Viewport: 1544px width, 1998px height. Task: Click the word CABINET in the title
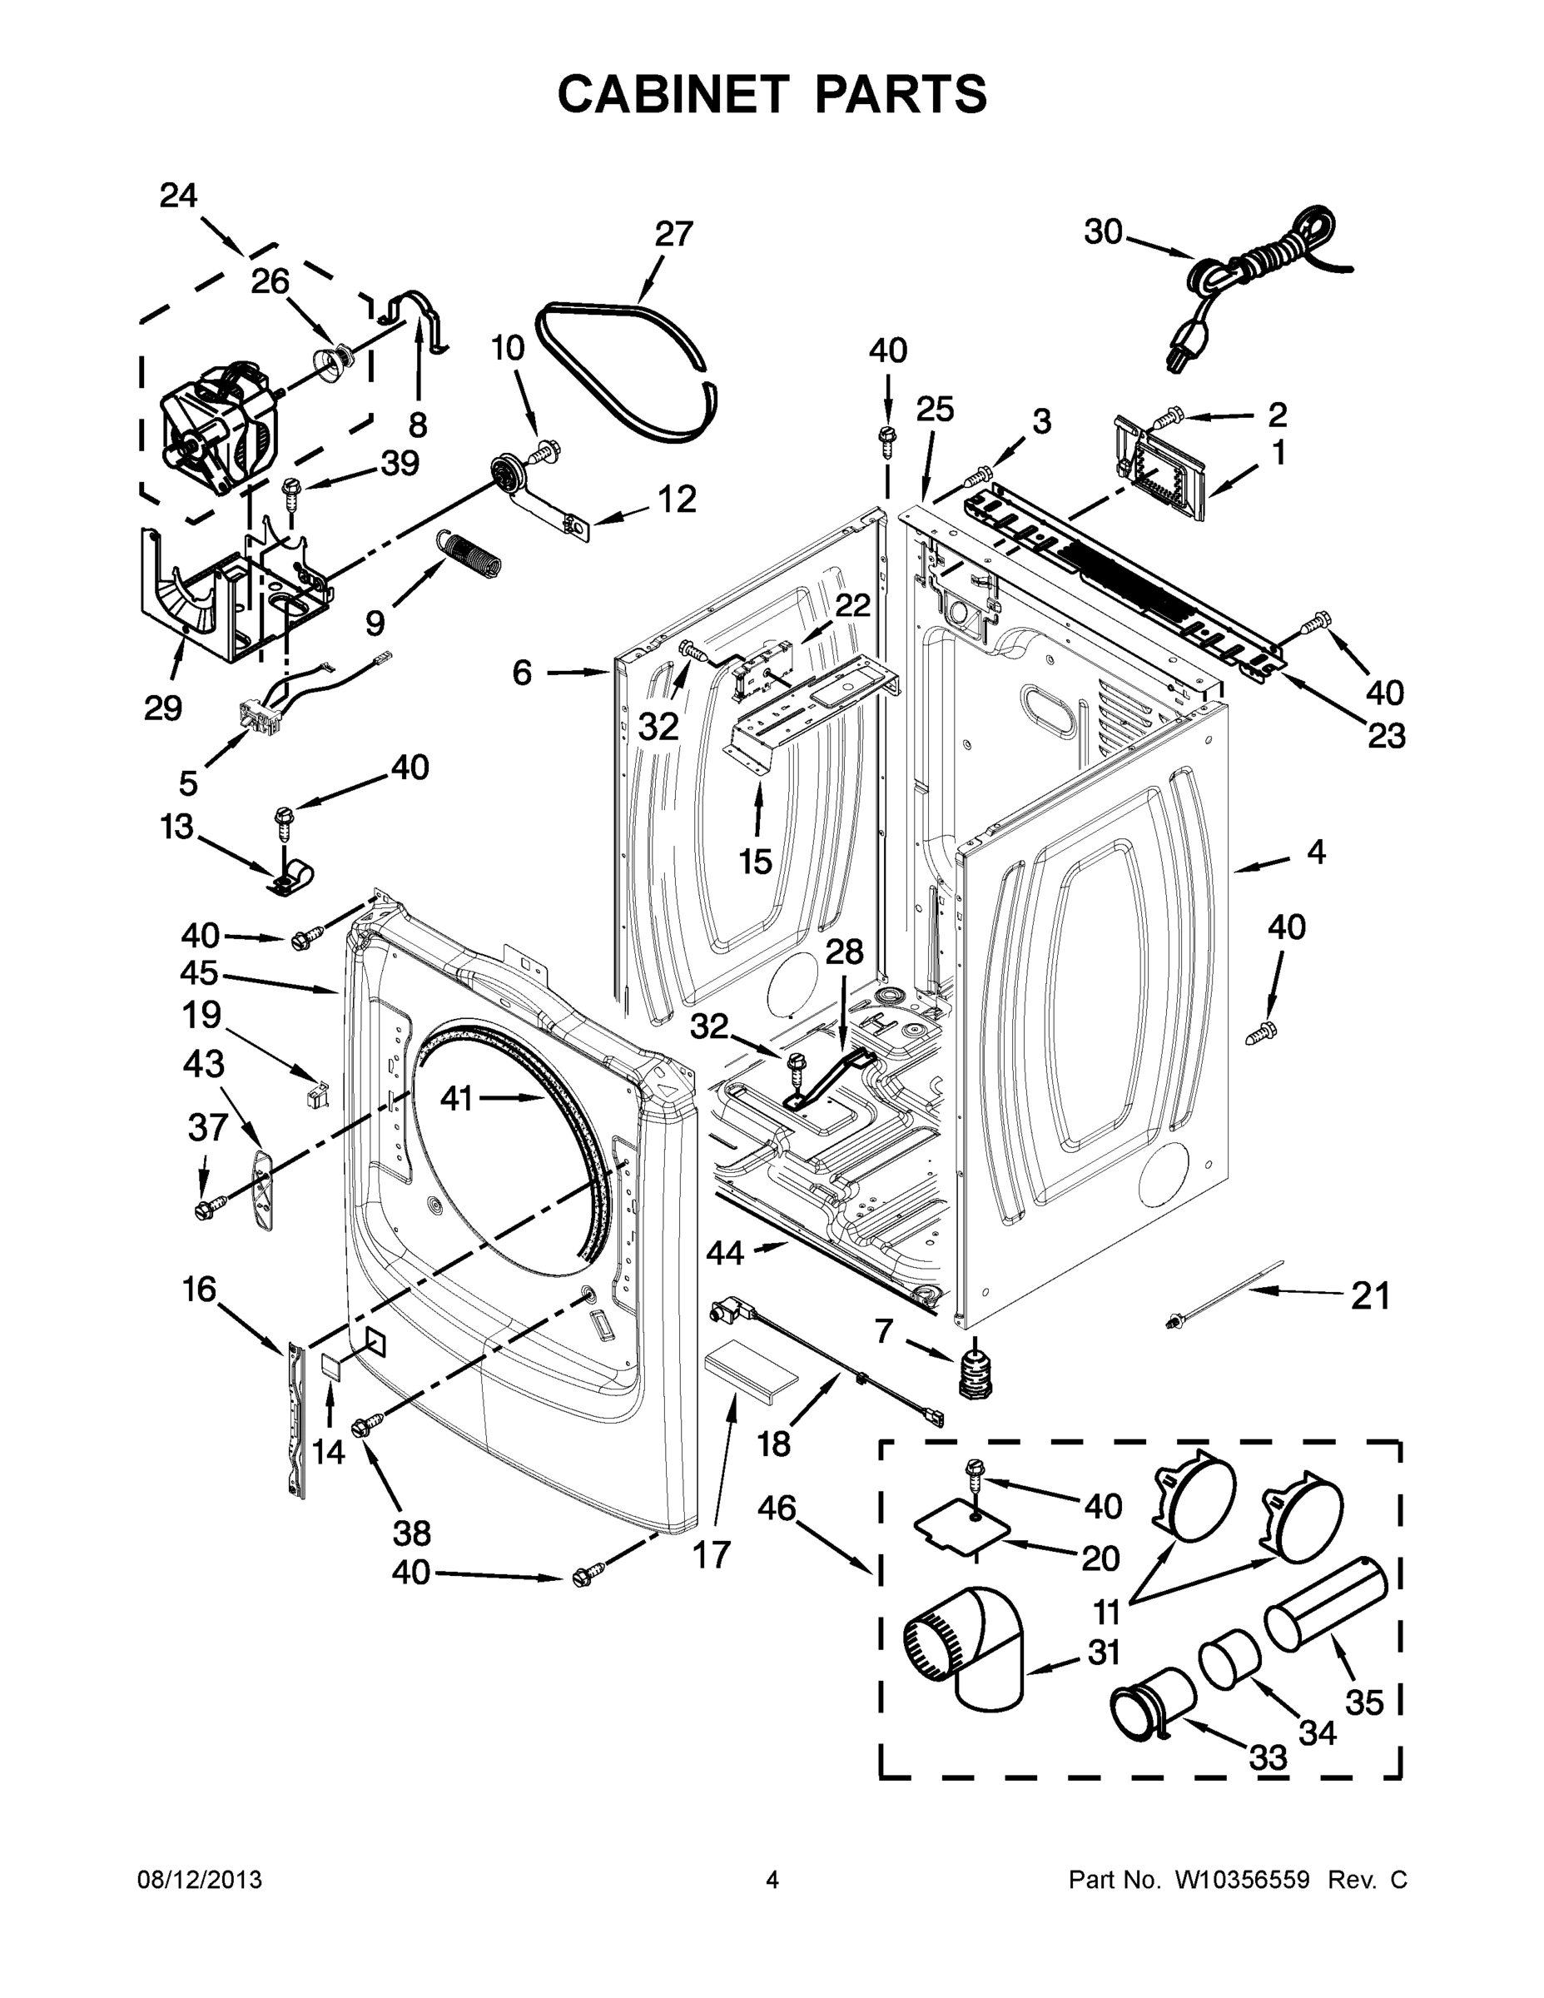click(673, 93)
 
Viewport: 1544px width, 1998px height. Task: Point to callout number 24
click(178, 196)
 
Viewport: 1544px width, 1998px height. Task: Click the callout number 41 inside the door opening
click(456, 1098)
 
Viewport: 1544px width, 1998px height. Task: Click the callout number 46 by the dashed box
click(777, 1508)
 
